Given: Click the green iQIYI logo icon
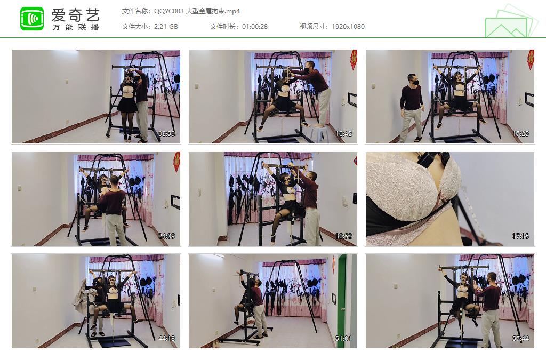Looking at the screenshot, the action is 32,19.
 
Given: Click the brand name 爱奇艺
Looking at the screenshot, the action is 76,15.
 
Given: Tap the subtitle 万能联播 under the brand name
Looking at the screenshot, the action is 76,27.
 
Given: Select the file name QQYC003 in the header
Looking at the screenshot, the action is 169,11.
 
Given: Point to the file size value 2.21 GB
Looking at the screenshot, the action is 166,27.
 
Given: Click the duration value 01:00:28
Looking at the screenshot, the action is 255,27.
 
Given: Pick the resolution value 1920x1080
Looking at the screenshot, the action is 348,27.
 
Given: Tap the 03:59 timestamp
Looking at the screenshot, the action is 166,134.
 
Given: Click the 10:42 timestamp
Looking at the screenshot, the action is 344,134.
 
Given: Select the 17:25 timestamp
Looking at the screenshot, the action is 520,134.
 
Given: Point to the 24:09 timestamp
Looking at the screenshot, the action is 166,236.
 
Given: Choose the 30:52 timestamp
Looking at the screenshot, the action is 344,236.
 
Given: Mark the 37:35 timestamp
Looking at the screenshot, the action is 520,236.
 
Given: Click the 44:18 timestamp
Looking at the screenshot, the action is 166,339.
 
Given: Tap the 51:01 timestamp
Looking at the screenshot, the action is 344,339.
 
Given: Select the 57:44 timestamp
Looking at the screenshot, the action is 520,339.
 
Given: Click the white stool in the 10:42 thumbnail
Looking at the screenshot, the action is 319,133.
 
